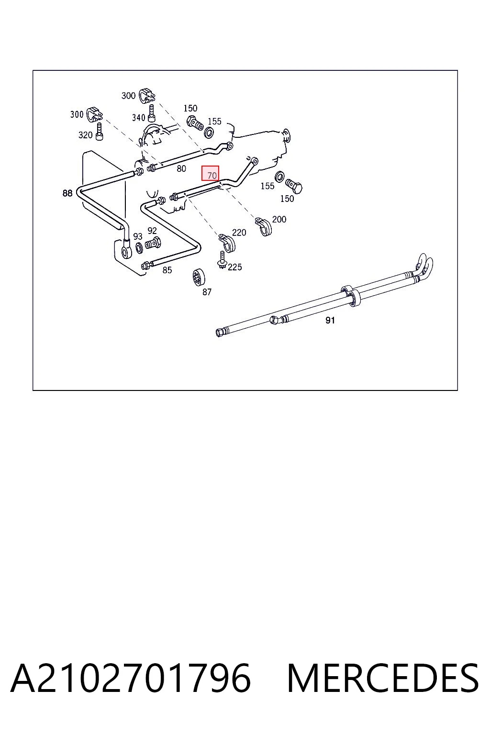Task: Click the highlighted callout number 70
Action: (x=212, y=176)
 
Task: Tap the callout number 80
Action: (x=181, y=168)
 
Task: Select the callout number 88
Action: (x=67, y=193)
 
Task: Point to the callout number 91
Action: (x=330, y=320)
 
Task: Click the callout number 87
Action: (x=207, y=292)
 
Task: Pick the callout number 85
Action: (x=167, y=270)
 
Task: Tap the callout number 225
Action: (x=234, y=267)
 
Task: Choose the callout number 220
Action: (x=239, y=233)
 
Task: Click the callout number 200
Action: (x=279, y=219)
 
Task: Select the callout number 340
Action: (x=138, y=117)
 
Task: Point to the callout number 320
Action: (x=85, y=135)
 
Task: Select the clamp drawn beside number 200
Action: (x=264, y=226)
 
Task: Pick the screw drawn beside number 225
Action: (x=222, y=259)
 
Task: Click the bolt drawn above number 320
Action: (x=99, y=132)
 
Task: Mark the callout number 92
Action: (x=152, y=231)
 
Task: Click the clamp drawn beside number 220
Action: (x=227, y=243)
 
